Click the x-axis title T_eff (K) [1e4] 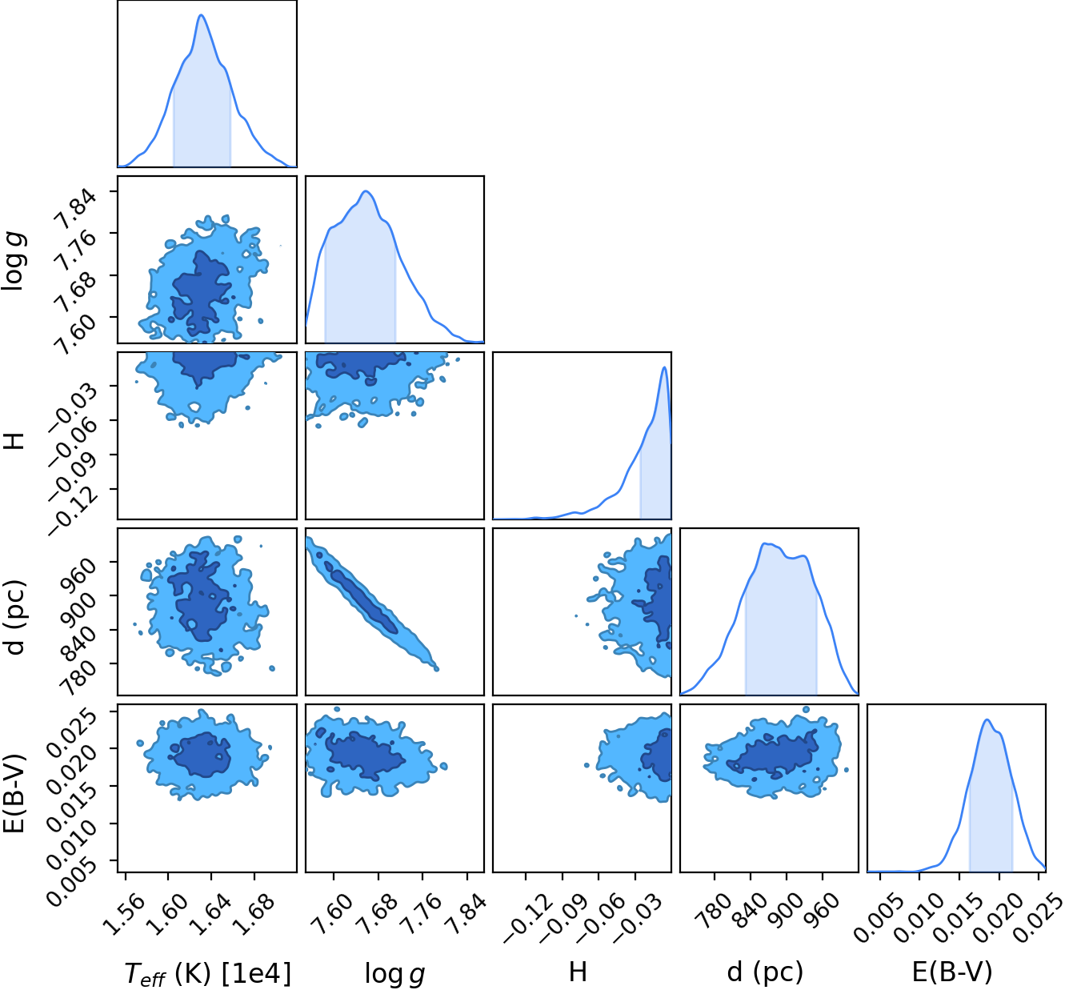(208, 973)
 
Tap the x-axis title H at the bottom (578, 972)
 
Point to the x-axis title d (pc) (765, 972)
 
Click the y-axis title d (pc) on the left (15, 617)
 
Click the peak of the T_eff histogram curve (202, 14)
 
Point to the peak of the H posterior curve (664, 367)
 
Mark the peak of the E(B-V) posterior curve (987, 719)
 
